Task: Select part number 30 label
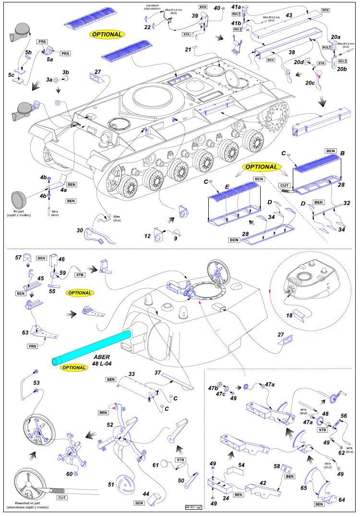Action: tap(81, 230)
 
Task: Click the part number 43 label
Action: tap(288, 16)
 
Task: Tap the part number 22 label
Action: tap(147, 27)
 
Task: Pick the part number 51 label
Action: tap(111, 485)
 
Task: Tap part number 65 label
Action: tap(304, 488)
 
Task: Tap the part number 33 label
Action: tap(131, 373)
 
